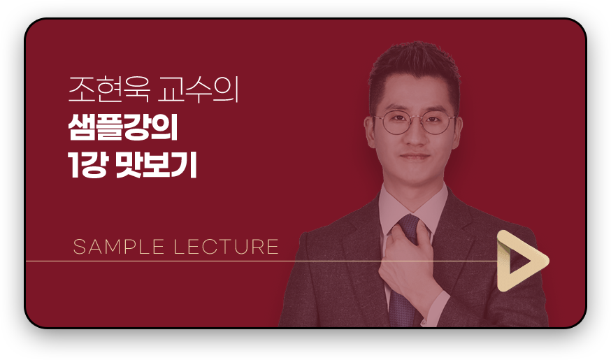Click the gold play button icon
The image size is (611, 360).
pyautogui.click(x=520, y=261)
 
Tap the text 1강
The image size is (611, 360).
pyautogui.click(x=86, y=165)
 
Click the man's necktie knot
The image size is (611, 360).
pyautogui.click(x=408, y=228)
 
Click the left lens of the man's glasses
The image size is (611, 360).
pyautogui.click(x=395, y=124)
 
